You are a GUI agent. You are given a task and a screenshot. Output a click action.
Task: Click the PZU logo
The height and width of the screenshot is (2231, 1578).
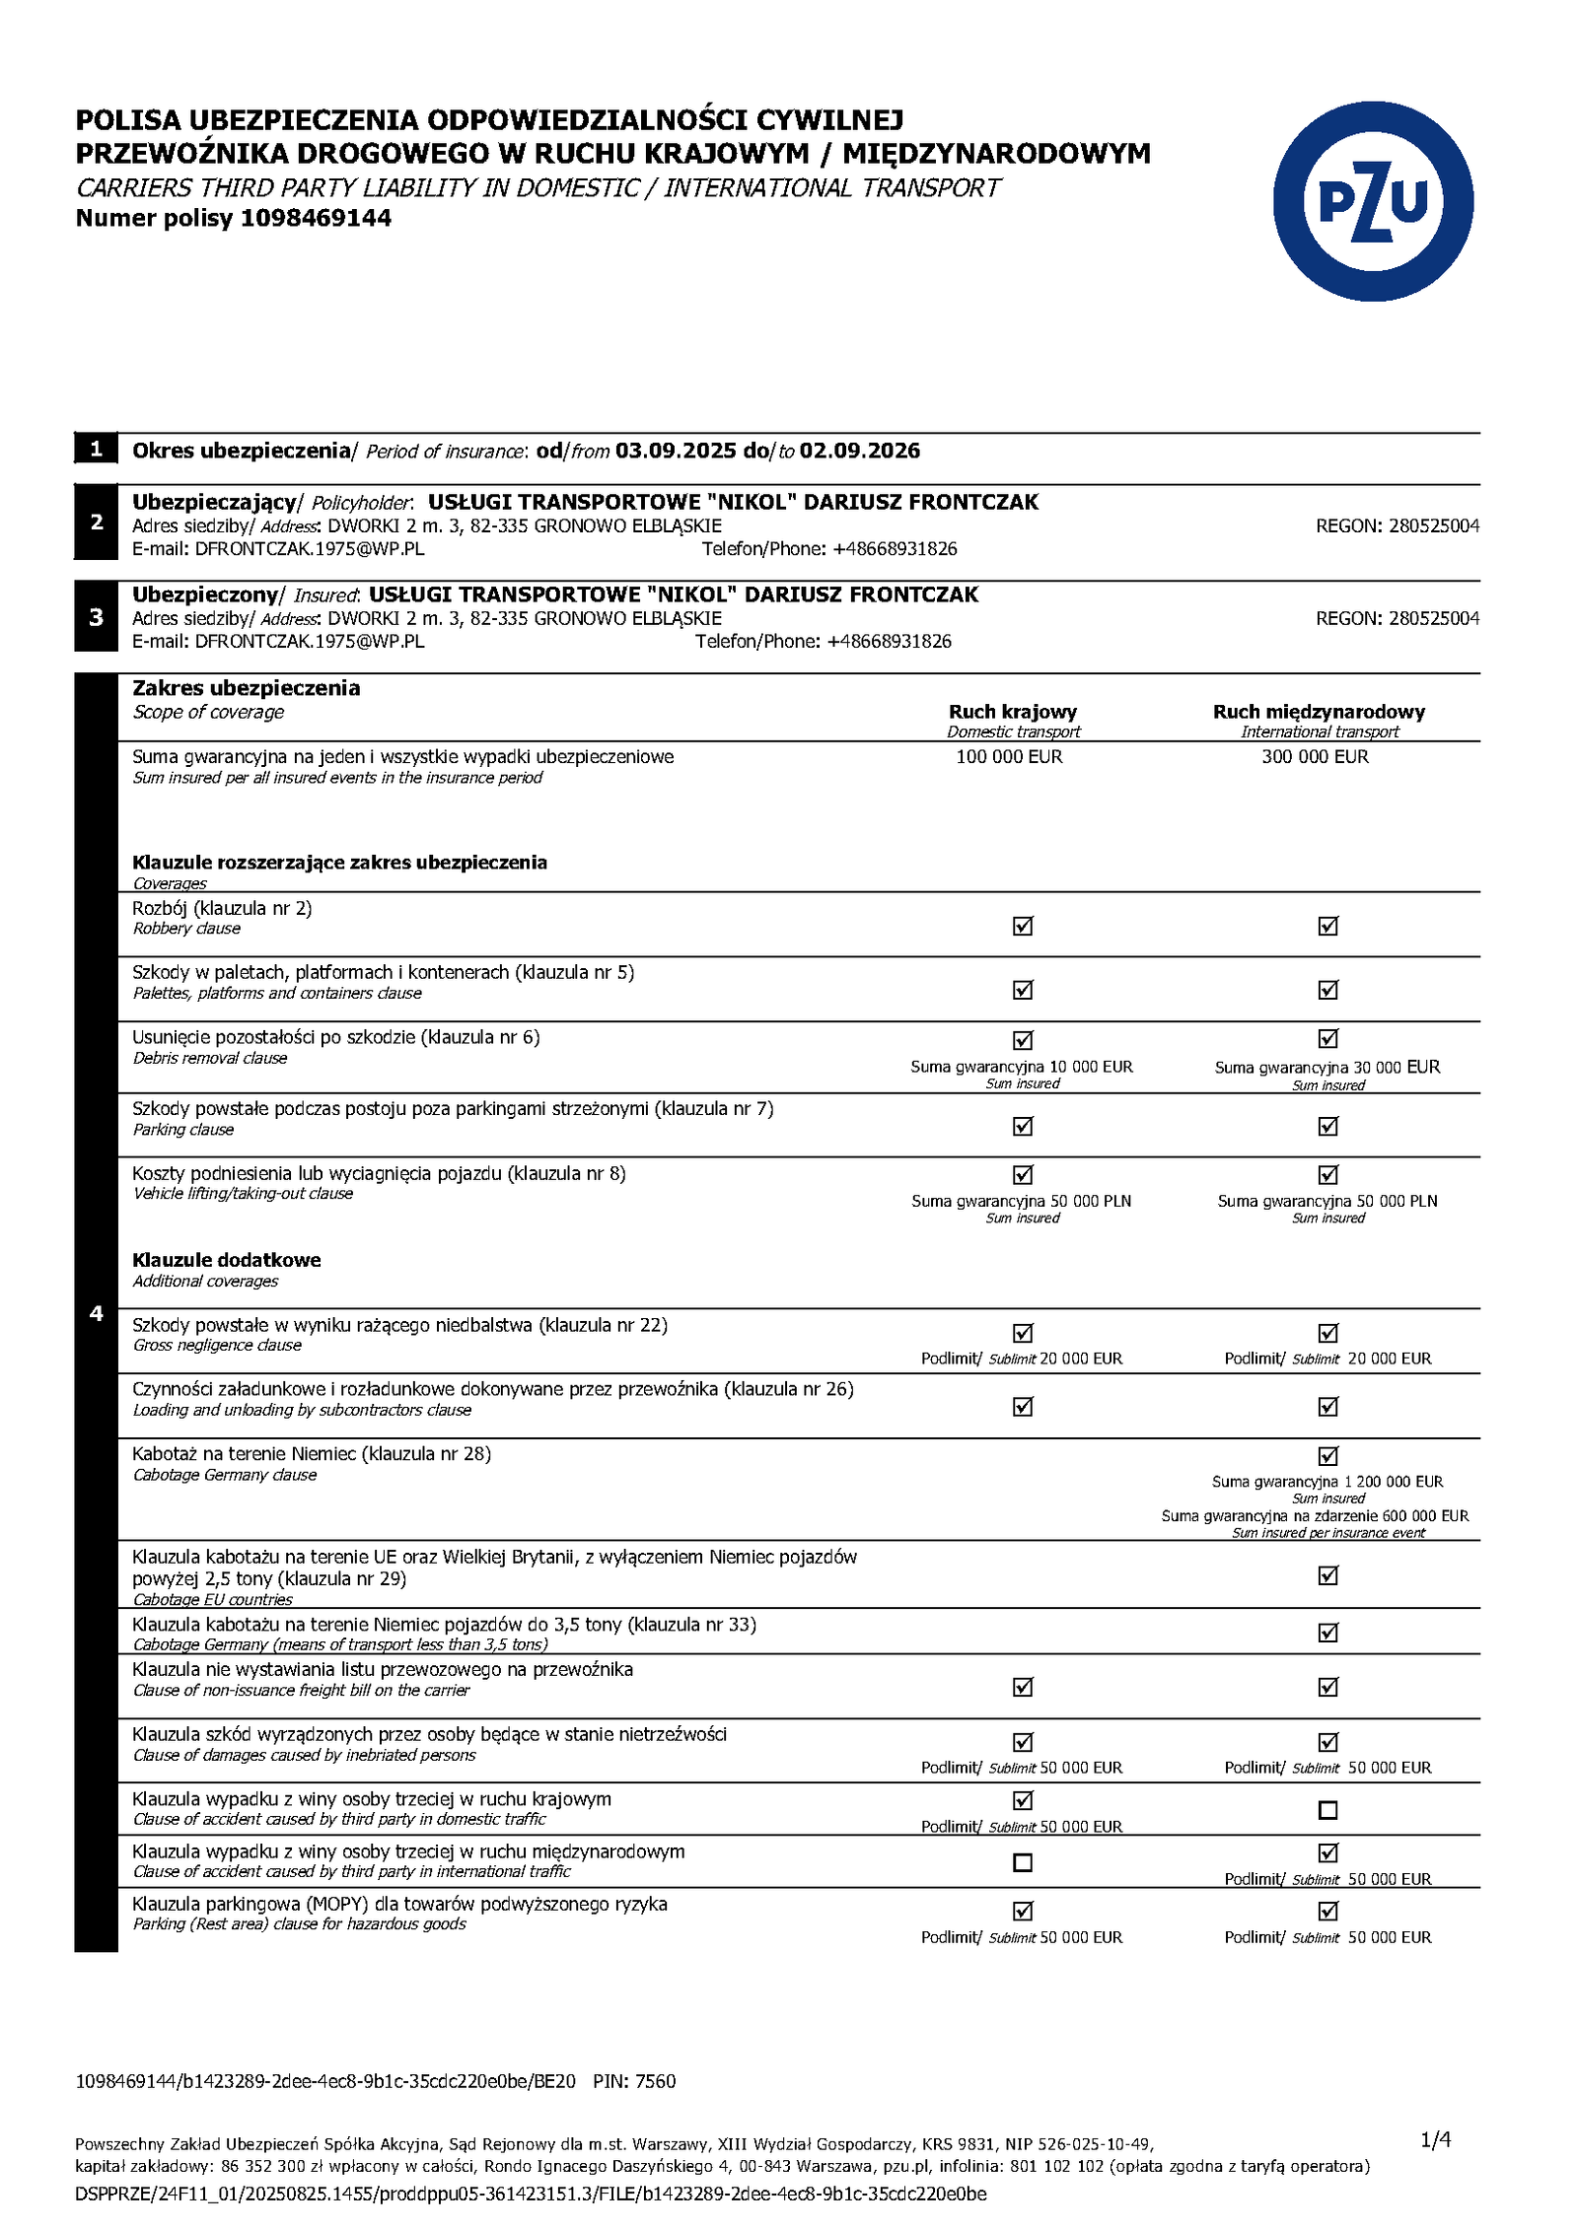[x=1372, y=201]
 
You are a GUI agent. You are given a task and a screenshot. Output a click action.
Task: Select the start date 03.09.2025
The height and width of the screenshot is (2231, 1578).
[x=675, y=452]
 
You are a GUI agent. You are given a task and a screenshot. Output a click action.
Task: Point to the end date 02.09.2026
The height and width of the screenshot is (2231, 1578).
[x=859, y=452]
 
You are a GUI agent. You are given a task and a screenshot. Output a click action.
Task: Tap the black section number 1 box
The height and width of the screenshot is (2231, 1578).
[x=96, y=450]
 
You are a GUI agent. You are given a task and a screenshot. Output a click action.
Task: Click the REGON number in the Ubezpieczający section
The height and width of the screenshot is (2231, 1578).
[x=1434, y=526]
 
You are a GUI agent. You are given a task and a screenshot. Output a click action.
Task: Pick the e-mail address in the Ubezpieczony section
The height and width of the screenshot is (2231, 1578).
[x=309, y=642]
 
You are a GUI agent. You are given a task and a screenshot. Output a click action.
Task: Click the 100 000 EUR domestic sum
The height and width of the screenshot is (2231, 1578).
[x=1009, y=757]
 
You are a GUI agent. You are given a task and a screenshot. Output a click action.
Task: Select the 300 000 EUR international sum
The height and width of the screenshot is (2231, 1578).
[x=1315, y=757]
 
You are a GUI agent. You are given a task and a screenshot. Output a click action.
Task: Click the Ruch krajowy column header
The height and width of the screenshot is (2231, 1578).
[x=1012, y=712]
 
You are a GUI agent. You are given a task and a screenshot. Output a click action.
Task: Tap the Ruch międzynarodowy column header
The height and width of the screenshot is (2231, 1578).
[x=1319, y=712]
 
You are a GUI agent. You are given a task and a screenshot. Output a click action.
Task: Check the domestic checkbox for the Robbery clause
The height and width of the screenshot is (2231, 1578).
[x=1023, y=926]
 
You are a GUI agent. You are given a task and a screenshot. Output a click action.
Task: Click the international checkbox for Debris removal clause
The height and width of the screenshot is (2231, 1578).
[x=1327, y=1038]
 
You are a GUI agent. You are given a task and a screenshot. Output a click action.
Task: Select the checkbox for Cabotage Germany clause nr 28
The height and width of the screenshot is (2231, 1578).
[x=1327, y=1456]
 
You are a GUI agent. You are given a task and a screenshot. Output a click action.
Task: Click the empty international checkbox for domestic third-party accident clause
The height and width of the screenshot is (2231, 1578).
[x=1327, y=1810]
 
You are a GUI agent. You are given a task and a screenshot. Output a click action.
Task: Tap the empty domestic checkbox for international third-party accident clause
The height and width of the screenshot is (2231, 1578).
[x=1023, y=1862]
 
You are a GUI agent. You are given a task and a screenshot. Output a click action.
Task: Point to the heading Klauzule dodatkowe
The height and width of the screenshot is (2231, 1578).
[x=227, y=1260]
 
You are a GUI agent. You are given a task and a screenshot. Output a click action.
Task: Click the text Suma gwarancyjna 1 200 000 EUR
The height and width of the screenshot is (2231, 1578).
[x=1327, y=1482]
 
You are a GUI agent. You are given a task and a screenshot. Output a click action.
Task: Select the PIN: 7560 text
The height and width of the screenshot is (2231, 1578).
[x=634, y=2081]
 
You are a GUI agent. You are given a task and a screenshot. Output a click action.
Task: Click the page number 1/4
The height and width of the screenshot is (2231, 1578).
[x=1435, y=2138]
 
